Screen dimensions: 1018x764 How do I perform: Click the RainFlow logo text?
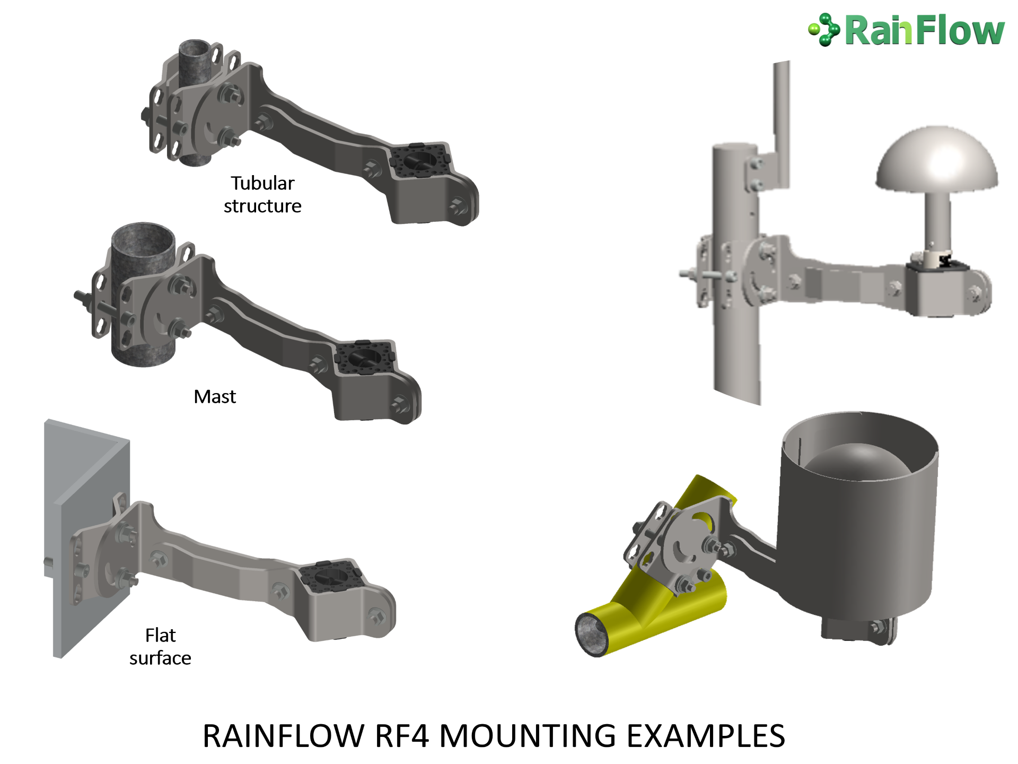[x=925, y=31]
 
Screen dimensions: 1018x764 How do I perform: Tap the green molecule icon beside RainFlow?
[x=824, y=30]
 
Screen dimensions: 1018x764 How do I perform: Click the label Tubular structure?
[x=262, y=195]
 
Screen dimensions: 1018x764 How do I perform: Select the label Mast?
[x=215, y=396]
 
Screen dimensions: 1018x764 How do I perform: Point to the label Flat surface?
[x=160, y=647]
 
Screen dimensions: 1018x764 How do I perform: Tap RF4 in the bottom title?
[x=402, y=736]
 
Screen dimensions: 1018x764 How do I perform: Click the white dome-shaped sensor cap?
[x=937, y=158]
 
